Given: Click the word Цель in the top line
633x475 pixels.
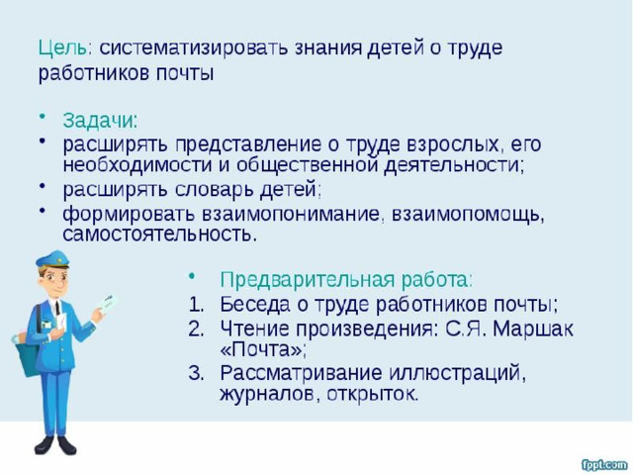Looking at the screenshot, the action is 62,48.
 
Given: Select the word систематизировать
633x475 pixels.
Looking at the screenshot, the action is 194,47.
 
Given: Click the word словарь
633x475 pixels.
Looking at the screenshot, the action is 216,189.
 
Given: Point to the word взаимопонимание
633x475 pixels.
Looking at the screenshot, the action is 291,214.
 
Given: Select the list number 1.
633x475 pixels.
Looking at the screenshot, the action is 196,305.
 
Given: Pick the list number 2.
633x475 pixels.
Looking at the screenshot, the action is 196,330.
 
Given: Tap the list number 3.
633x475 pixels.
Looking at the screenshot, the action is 196,373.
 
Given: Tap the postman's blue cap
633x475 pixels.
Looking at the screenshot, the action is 52,259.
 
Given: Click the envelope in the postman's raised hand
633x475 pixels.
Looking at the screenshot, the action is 108,305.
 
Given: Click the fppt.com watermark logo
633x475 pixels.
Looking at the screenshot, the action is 604,464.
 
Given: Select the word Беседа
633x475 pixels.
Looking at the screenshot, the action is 255,305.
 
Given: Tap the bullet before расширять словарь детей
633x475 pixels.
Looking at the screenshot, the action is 42,186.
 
